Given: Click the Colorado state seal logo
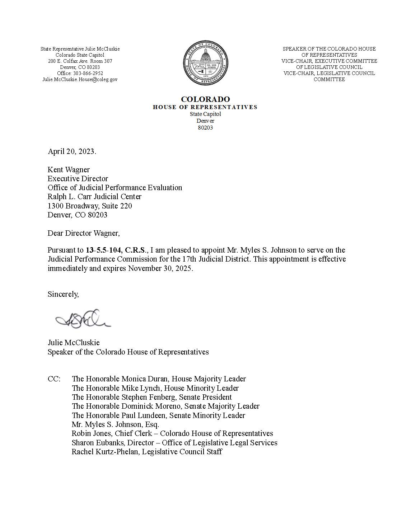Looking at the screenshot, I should coord(205,64).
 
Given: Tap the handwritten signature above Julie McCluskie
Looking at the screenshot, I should coord(83,319).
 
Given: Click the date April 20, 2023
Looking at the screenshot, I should coord(72,151).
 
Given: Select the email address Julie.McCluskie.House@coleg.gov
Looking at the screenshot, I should coord(80,79).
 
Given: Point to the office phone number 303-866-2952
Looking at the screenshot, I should coord(88,73).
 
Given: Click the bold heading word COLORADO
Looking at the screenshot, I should coord(205,99).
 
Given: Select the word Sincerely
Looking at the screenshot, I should coord(63,294).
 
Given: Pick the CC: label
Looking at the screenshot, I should coord(54,379).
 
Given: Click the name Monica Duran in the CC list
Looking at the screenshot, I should coord(144,379).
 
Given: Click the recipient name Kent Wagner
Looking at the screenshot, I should coord(69,170).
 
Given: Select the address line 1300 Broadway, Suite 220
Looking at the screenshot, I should coord(90,206).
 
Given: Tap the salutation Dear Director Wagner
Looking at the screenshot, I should coord(83,233).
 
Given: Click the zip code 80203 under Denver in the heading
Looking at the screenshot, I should coord(205,127).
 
